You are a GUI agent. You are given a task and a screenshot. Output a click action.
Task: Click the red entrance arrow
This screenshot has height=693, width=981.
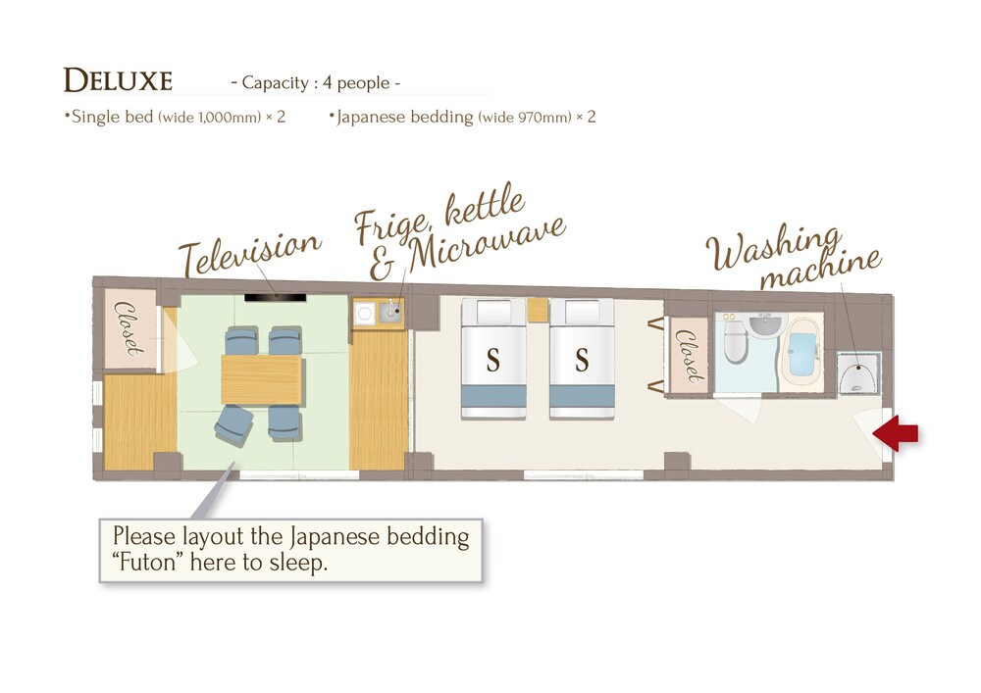pyautogui.click(x=896, y=432)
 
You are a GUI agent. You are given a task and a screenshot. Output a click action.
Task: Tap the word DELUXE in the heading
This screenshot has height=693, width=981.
pyautogui.click(x=118, y=80)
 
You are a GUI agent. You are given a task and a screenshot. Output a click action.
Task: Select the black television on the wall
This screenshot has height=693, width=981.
pyautogui.click(x=276, y=298)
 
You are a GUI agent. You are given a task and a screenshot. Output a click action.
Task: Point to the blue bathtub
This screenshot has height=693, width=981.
pyautogui.click(x=801, y=353)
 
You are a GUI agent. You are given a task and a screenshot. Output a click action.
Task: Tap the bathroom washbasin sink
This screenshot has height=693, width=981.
pyautogui.click(x=764, y=325)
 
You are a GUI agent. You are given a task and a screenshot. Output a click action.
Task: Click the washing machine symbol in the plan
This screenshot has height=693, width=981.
pyautogui.click(x=858, y=373)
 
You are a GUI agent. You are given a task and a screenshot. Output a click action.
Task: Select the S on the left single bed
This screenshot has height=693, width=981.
pyautogui.click(x=493, y=361)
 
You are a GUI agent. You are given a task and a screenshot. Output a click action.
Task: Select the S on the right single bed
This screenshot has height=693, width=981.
pyautogui.click(x=582, y=361)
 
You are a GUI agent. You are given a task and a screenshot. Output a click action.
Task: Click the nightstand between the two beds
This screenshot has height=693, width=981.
pyautogui.click(x=538, y=310)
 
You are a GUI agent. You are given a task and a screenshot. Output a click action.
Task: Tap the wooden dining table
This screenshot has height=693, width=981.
pyautogui.click(x=262, y=379)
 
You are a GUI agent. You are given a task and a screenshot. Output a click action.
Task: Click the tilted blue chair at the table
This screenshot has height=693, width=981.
pyautogui.click(x=233, y=426)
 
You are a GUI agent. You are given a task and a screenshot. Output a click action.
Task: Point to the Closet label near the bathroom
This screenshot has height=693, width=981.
pyautogui.click(x=689, y=356)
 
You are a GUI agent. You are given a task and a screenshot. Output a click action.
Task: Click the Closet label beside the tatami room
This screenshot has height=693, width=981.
pyautogui.click(x=128, y=328)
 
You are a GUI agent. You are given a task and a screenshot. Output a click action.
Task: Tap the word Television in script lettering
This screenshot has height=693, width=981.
pyautogui.click(x=249, y=252)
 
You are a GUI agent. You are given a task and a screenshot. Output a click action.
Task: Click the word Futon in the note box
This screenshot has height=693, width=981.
pyautogui.click(x=148, y=563)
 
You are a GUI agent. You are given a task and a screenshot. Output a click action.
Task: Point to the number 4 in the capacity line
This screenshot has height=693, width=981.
pyautogui.click(x=328, y=82)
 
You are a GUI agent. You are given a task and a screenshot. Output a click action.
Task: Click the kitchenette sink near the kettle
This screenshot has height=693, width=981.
pyautogui.click(x=390, y=311)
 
